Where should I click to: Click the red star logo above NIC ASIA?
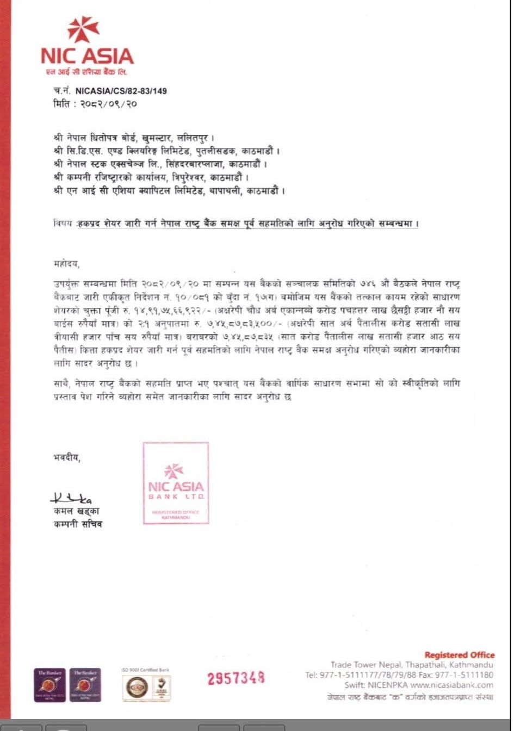[83, 29]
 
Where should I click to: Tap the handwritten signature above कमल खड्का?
[71, 498]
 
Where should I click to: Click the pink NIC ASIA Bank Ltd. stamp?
[176, 483]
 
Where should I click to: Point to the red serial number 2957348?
[236, 678]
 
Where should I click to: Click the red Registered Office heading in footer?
[459, 655]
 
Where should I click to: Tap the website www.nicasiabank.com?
[451, 685]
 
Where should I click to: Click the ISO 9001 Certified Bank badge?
[145, 684]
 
